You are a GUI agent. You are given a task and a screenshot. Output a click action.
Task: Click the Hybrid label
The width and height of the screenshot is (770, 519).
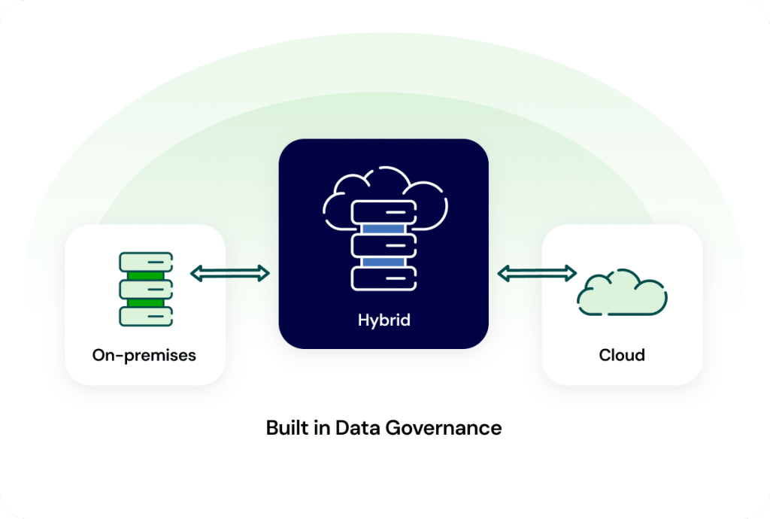click(x=383, y=320)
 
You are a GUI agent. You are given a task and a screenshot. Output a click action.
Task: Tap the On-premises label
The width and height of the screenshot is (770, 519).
click(x=144, y=354)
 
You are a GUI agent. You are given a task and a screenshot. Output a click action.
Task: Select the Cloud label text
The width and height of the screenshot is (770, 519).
click(x=622, y=354)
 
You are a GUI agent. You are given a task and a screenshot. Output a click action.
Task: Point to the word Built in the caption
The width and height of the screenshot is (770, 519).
click(x=287, y=428)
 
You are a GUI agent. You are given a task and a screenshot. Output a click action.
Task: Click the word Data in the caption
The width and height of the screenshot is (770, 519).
click(x=358, y=428)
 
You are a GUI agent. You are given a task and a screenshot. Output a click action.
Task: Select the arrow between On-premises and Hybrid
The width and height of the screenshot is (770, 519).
click(x=230, y=273)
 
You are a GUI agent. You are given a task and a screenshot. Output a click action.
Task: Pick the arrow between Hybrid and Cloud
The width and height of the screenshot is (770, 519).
click(x=537, y=273)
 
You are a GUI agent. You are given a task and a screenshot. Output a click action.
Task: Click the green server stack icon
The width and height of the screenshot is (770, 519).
click(x=146, y=289)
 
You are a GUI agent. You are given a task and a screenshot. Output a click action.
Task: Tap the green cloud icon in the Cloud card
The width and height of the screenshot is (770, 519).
click(x=622, y=293)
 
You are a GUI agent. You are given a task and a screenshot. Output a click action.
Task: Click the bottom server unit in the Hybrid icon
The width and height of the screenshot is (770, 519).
click(x=383, y=278)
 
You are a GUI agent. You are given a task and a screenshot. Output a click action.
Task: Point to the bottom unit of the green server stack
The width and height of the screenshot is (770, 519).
click(x=146, y=316)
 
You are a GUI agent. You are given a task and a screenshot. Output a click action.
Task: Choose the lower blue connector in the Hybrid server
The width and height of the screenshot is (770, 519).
click(x=383, y=261)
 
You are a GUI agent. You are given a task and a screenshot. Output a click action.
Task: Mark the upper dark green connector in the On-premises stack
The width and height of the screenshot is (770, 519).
click(x=146, y=275)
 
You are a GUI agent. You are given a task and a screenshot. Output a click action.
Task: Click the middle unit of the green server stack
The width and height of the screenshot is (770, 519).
click(x=146, y=289)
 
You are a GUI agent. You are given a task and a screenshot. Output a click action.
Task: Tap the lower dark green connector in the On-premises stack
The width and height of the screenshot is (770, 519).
click(x=146, y=302)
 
